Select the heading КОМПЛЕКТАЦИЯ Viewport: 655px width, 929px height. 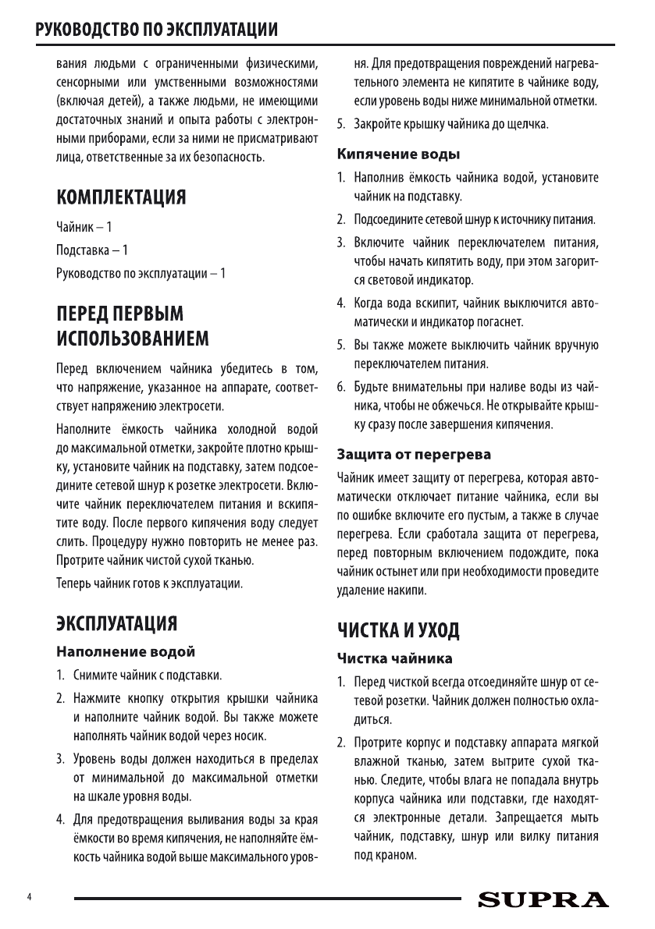pos(120,196)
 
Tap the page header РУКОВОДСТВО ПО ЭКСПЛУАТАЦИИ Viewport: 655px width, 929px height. pos(151,31)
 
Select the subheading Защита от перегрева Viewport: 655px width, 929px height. pos(414,453)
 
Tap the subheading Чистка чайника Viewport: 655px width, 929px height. pos(394,658)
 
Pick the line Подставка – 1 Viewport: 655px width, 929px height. pos(92,250)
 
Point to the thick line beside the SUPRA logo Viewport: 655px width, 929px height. pos(265,899)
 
